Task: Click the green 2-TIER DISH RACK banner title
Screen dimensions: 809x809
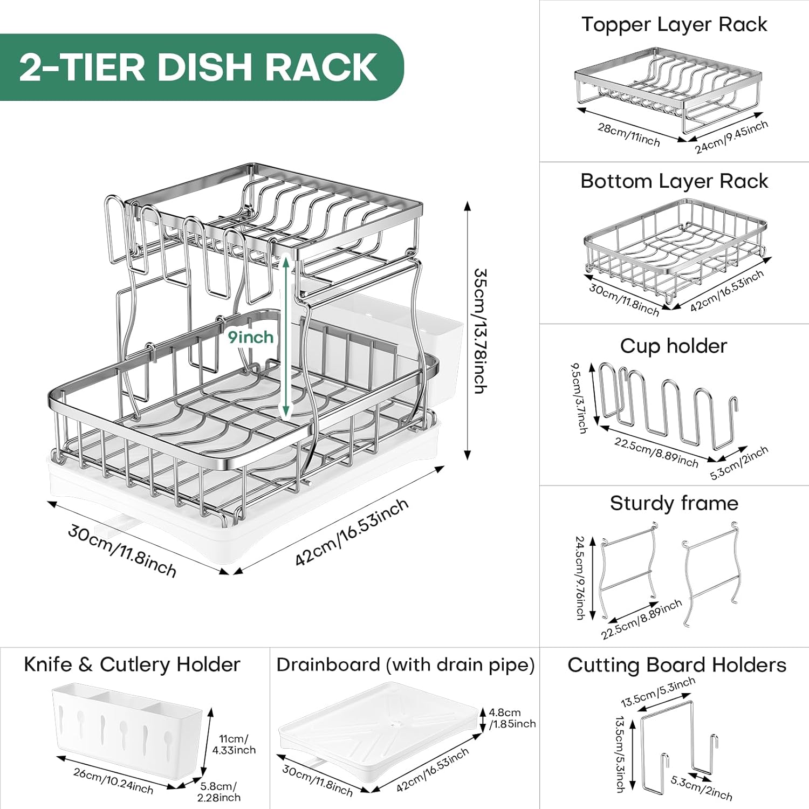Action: [x=198, y=67]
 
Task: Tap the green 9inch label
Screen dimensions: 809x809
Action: [x=250, y=338]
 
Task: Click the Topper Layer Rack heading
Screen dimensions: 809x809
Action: [x=674, y=25]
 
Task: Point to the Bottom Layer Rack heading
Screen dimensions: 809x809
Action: [x=674, y=181]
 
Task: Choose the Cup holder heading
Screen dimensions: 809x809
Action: [x=674, y=346]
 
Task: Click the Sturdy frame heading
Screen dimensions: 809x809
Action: [x=674, y=503]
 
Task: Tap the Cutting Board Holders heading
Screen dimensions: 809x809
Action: [x=677, y=665]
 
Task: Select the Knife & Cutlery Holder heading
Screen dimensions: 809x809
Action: [x=132, y=664]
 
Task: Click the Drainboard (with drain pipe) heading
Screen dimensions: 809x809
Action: [x=406, y=664]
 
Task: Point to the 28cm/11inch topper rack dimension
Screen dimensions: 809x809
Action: [x=628, y=134]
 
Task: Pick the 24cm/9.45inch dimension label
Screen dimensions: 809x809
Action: [x=731, y=137]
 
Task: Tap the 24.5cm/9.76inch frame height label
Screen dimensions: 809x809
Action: [x=580, y=577]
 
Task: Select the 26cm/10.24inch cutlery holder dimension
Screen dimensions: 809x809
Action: [x=113, y=780]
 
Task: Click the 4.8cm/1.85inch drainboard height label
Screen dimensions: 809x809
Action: [x=512, y=718]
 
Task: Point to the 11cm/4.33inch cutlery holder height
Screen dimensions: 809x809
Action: [x=234, y=744]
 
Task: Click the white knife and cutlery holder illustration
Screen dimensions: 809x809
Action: [x=127, y=725]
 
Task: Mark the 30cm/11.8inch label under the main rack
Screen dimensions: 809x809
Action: [x=122, y=551]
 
